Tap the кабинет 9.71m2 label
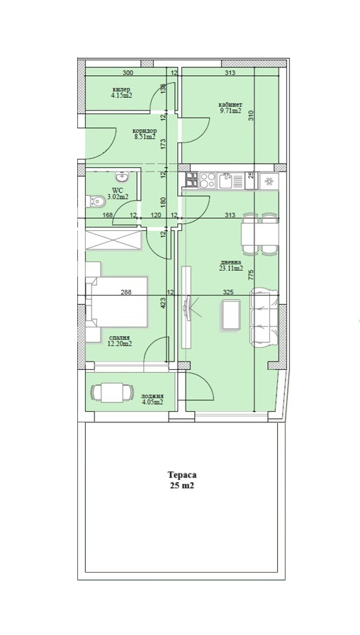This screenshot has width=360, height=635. tap(230, 108)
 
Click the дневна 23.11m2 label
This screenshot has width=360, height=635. tap(231, 266)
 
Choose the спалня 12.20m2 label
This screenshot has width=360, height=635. tap(119, 341)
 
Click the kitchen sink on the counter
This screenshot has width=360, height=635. tap(227, 180)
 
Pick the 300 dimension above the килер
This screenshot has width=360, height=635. tap(128, 73)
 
